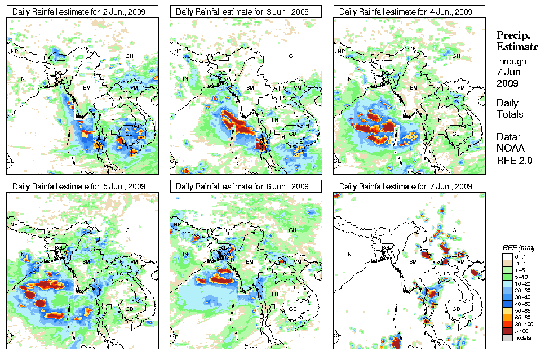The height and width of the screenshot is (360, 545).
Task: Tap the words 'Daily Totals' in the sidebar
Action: coord(509,109)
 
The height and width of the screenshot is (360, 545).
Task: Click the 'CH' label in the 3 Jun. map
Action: coord(293,56)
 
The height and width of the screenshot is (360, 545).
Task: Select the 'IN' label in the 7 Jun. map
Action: coord(349,255)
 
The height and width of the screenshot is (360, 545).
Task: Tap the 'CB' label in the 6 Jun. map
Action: coord(292,309)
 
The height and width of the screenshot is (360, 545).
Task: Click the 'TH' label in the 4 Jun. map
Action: coord(437,119)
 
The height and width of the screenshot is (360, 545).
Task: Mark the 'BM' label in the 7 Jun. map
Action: coord(413,263)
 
